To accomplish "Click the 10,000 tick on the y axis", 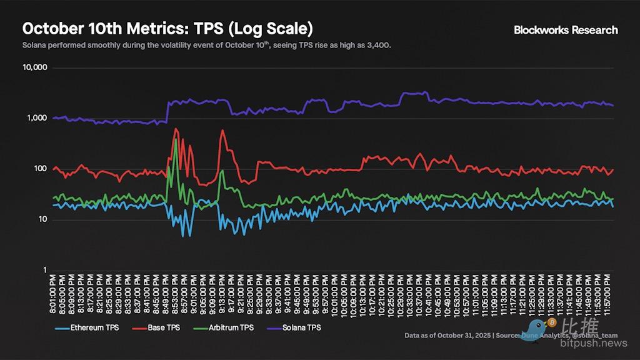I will [35, 67].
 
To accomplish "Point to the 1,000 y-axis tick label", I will [37, 118].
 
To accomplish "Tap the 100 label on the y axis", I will [40, 169].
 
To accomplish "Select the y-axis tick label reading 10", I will [42, 219].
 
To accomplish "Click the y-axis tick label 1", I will [44, 270].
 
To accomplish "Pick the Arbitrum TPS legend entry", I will [232, 327].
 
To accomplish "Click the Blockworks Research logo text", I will [566, 30].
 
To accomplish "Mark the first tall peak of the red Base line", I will [176, 129].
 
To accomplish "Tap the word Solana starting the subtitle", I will [36, 46].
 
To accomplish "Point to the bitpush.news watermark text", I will [593, 343].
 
